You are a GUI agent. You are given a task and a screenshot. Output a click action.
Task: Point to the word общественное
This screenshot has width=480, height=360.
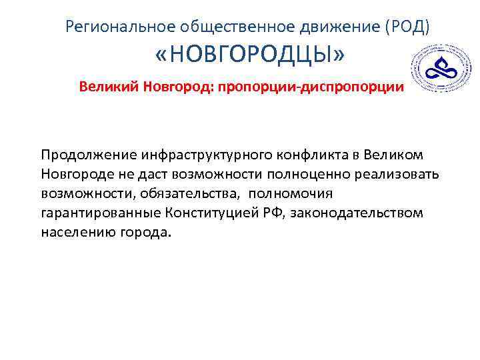tap(227, 27)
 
